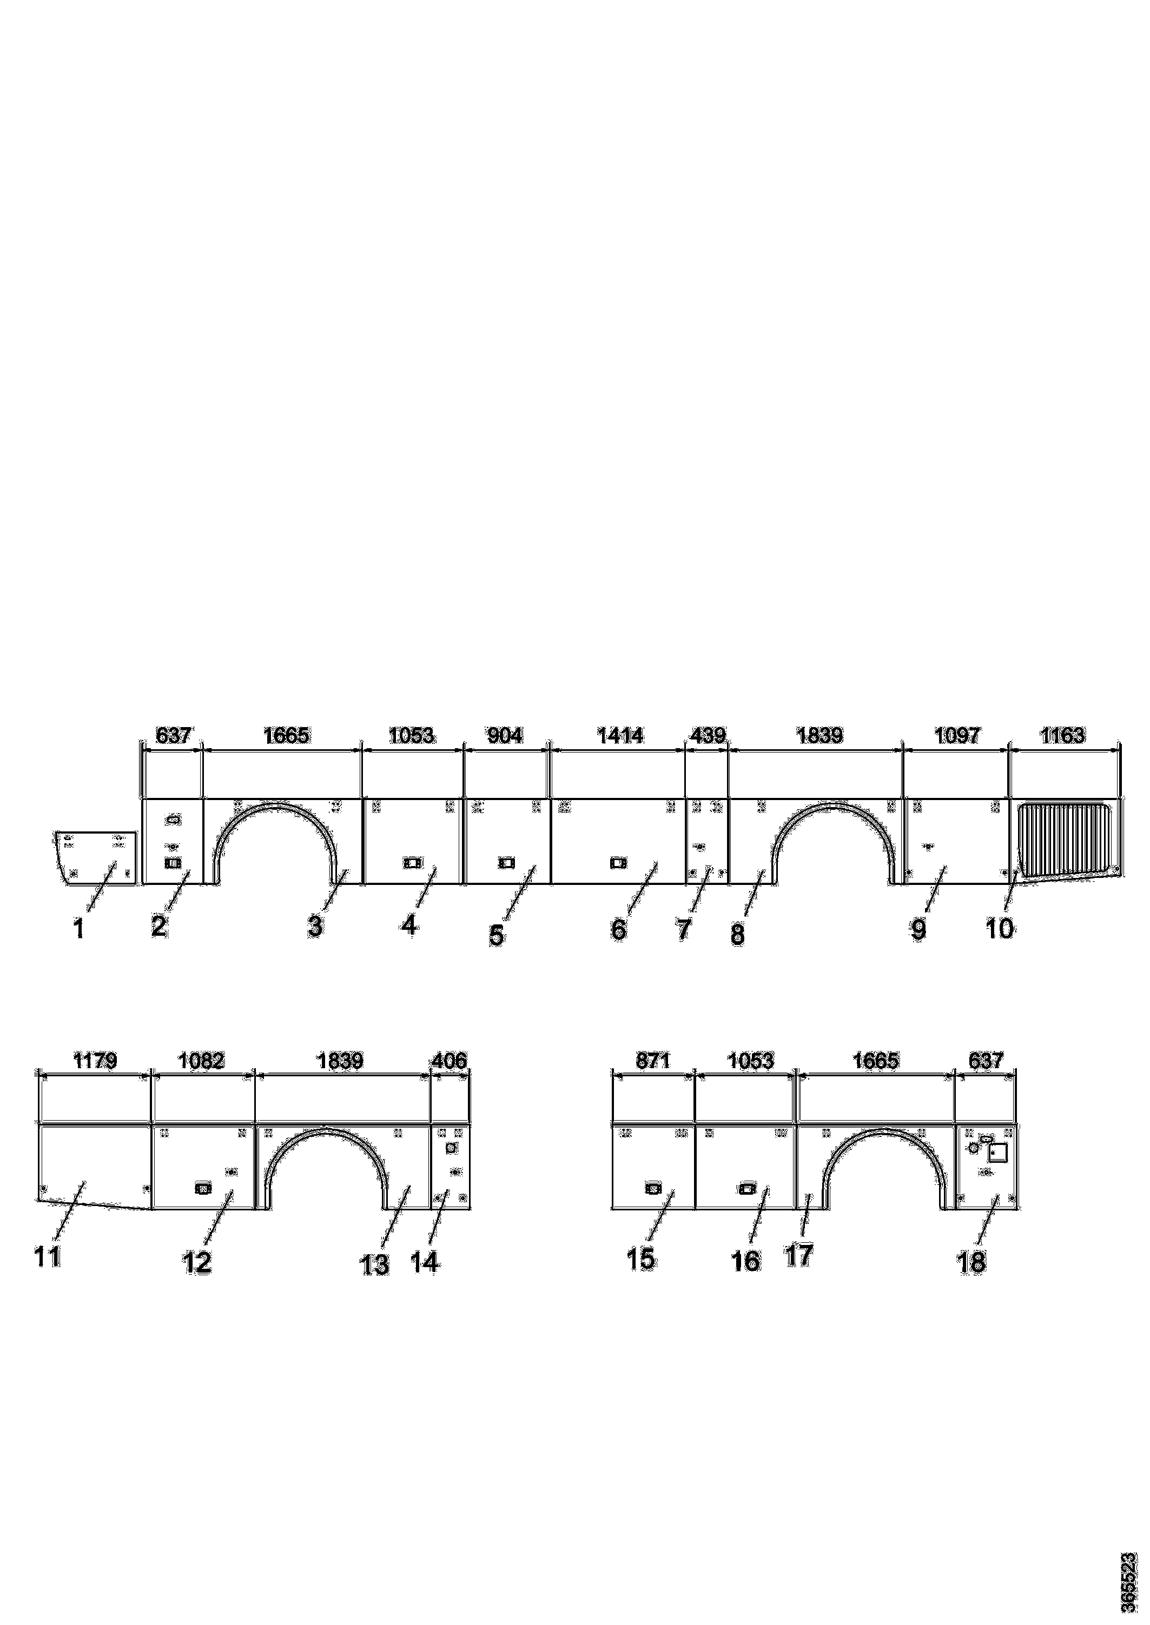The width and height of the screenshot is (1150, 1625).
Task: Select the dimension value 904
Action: point(506,736)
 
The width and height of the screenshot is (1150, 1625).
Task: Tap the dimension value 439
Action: point(708,736)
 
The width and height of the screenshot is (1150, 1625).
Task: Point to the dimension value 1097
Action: point(957,736)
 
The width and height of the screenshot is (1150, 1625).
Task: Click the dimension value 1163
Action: point(1062,736)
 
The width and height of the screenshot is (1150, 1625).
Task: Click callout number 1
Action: point(80,928)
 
